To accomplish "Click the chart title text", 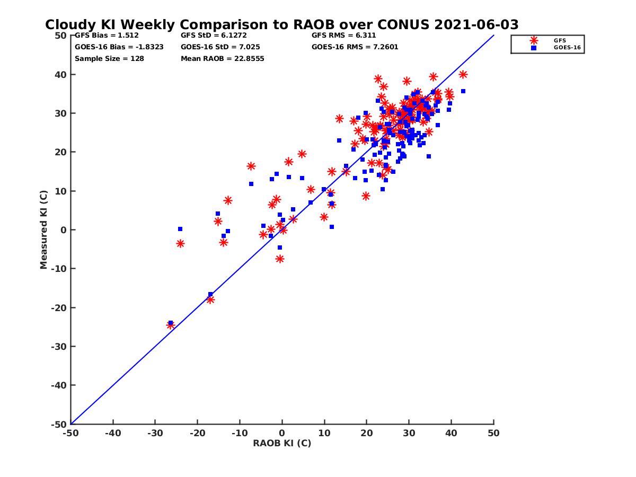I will (281, 25).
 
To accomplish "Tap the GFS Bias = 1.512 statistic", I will (107, 36).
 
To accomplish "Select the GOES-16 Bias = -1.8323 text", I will (119, 47).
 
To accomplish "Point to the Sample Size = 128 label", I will (109, 58).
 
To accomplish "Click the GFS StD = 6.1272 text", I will (215, 36).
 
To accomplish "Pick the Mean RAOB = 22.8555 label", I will (222, 58).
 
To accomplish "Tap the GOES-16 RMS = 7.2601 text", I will (355, 47).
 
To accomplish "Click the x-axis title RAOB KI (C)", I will (282, 443).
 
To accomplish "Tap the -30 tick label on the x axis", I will (155, 433).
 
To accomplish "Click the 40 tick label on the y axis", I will (61, 75).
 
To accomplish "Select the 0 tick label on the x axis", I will (282, 433).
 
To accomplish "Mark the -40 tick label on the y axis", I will (59, 385).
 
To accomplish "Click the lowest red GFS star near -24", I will (171, 325).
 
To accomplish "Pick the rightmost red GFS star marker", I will (463, 75).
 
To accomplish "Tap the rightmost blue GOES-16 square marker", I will (463, 91).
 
